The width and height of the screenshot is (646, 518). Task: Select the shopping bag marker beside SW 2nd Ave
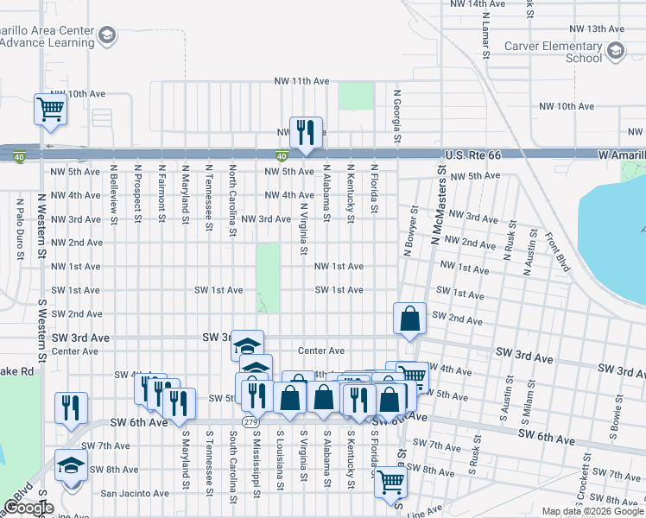[x=409, y=319]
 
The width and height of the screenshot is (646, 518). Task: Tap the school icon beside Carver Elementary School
[x=615, y=53]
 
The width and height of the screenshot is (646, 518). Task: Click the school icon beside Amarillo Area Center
[x=106, y=35]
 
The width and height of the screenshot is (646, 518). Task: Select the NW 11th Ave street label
[x=302, y=81]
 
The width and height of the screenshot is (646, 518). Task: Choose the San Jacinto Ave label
[x=135, y=494]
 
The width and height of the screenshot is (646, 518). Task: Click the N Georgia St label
[x=396, y=116]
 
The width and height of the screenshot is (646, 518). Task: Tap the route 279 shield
[x=250, y=422]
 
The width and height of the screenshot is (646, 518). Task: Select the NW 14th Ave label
[x=478, y=4]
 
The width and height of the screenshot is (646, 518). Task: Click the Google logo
[x=28, y=508]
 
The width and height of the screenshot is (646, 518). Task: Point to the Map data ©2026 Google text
[x=592, y=511]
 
